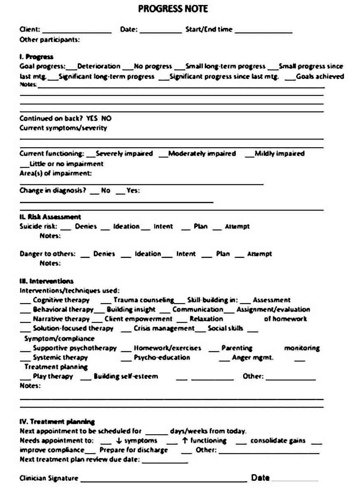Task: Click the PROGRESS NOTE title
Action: point(173,9)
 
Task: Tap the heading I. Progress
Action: point(37,57)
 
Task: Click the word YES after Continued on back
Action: point(93,118)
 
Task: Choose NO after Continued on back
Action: point(106,118)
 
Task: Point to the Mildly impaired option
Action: point(279,153)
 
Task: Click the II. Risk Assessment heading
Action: point(50,217)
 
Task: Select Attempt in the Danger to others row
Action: point(259,254)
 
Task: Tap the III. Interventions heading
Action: point(46,281)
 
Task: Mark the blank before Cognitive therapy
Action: point(26,302)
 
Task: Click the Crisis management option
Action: point(164,328)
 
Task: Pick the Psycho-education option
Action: point(162,357)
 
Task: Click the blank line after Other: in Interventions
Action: point(290,378)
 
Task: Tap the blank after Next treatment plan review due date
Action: point(165,461)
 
